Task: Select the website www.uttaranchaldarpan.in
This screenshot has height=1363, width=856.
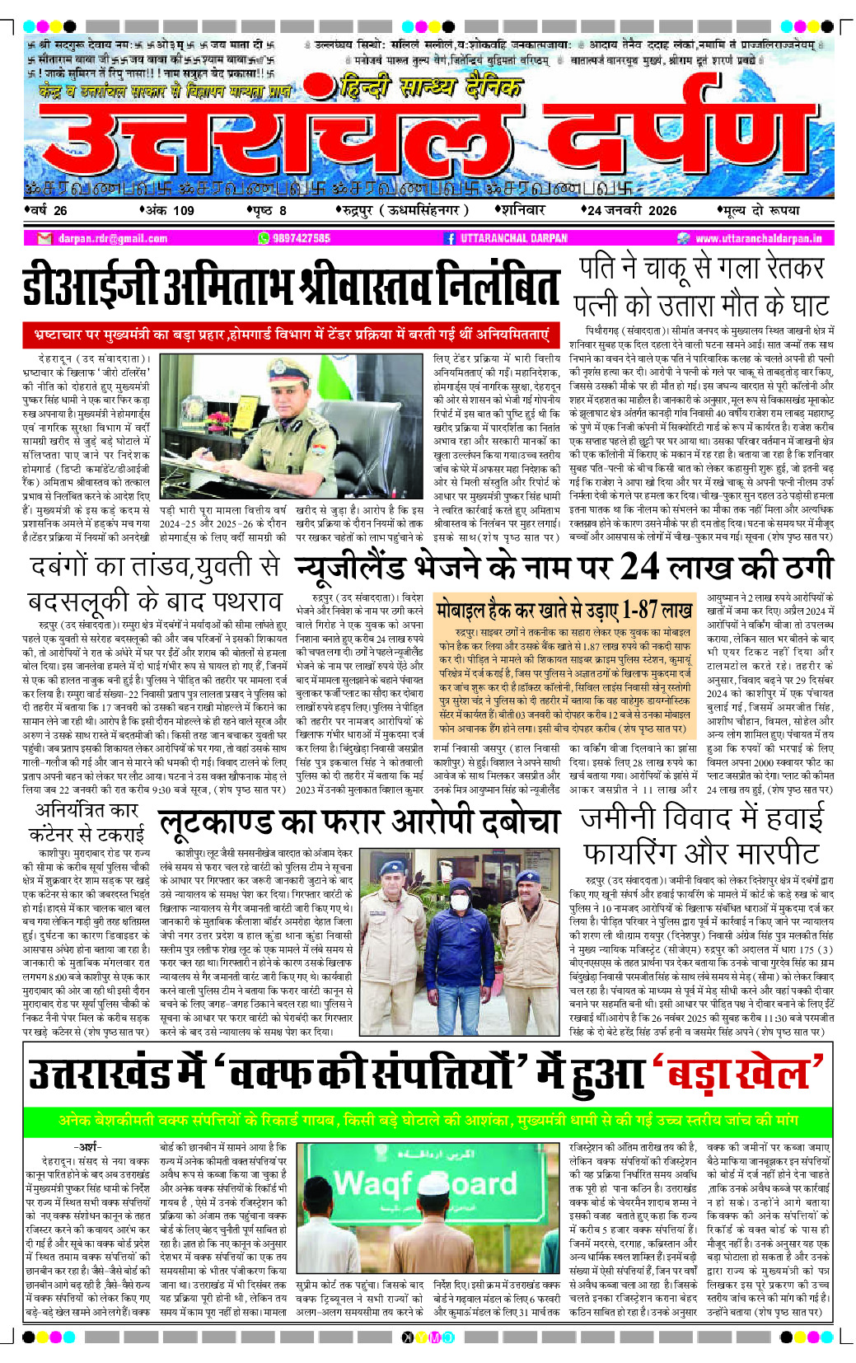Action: coord(758,238)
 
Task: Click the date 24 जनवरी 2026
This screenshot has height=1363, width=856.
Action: coord(631,210)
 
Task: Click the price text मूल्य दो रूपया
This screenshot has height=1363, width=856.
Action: coord(761,210)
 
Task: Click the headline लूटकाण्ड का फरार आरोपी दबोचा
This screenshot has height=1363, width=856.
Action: coord(358,823)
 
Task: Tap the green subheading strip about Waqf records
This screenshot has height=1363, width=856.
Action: coord(428,1121)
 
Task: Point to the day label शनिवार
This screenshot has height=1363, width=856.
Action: coord(523,210)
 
